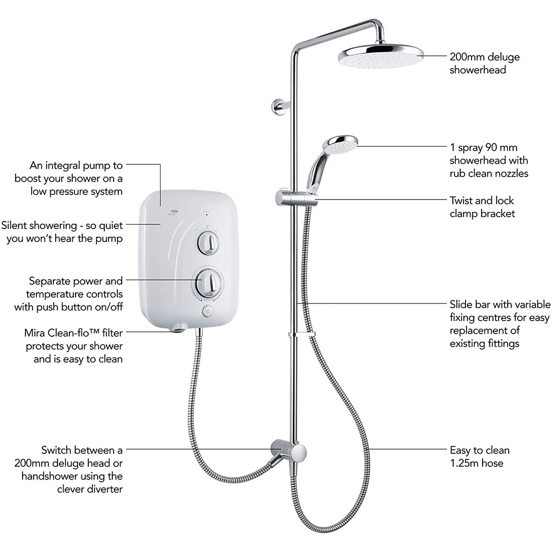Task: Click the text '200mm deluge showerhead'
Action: pyautogui.click(x=484, y=63)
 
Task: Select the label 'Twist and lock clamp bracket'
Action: pyautogui.click(x=482, y=207)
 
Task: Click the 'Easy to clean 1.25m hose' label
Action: pyautogui.click(x=479, y=456)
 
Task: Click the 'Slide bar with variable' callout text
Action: pyautogui.click(x=500, y=305)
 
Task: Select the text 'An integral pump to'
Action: pyautogui.click(x=76, y=165)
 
